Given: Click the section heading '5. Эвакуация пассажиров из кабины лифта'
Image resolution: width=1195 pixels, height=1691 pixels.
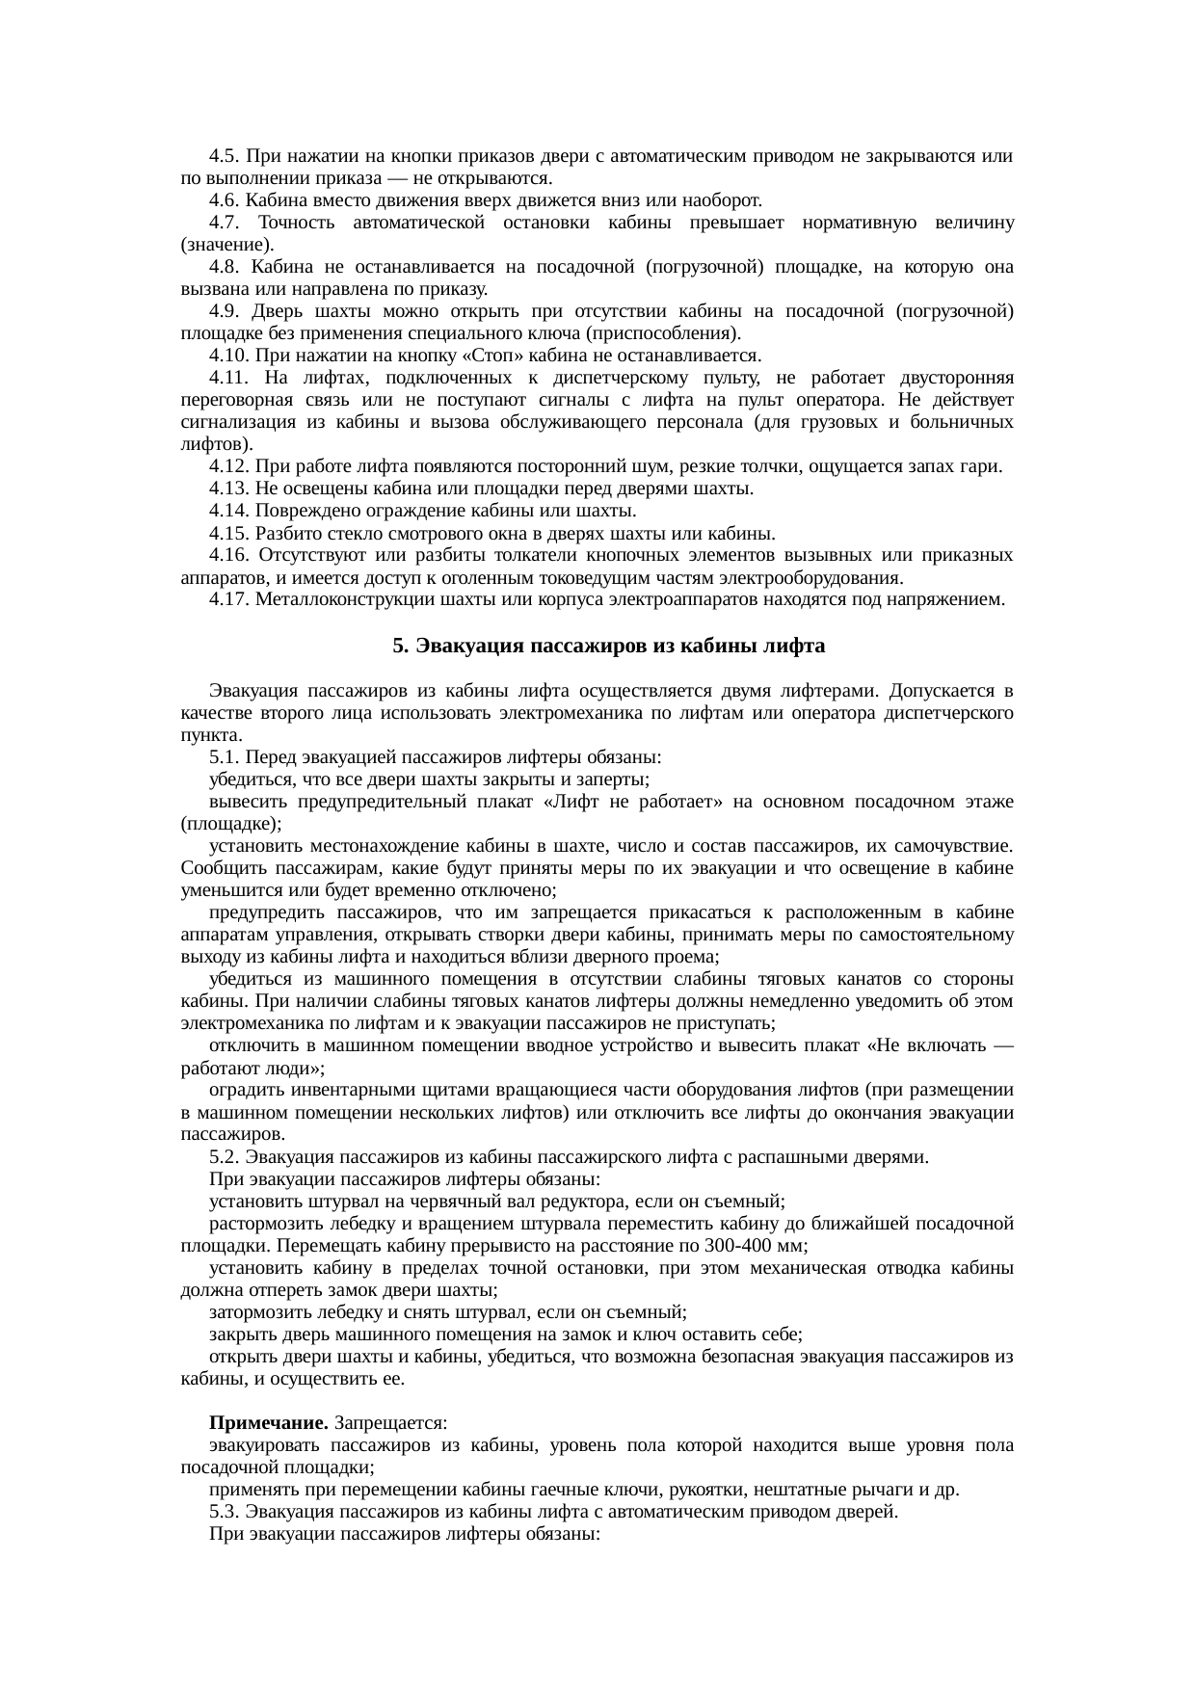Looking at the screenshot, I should point(608,647).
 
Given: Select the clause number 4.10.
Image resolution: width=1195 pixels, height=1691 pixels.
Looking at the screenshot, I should point(228,356).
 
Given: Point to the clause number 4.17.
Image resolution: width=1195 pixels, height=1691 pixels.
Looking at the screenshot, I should point(228,600).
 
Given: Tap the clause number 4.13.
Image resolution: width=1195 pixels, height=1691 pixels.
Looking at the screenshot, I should point(228,489).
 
